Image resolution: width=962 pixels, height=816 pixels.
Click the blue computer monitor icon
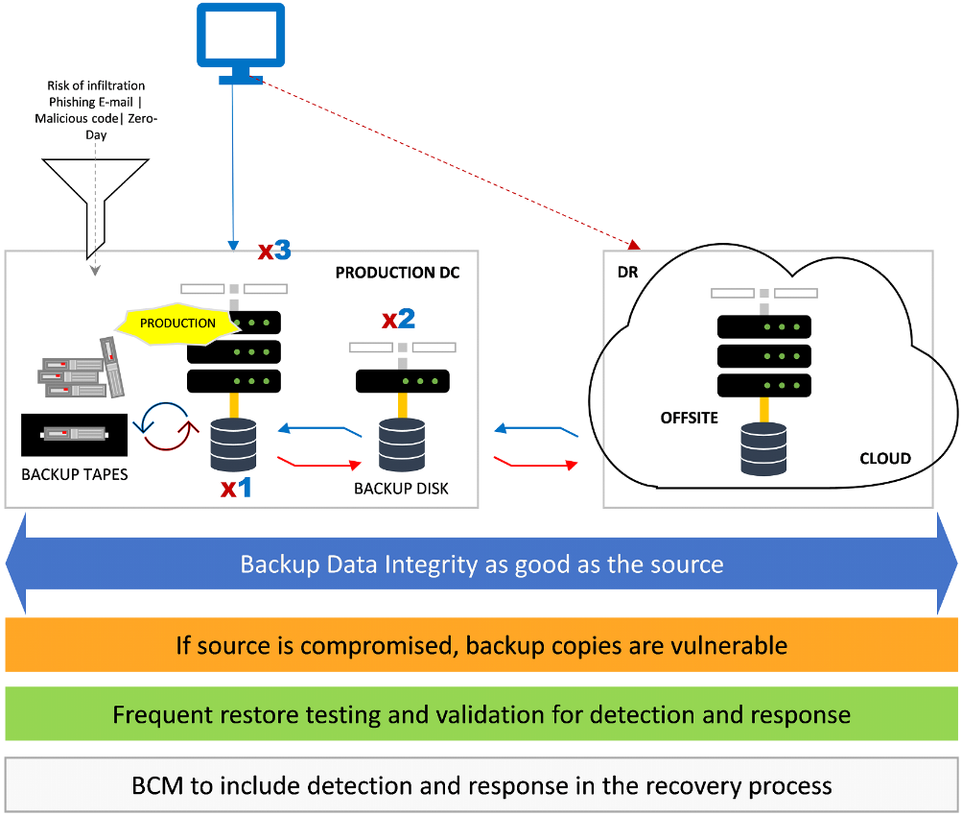(x=241, y=40)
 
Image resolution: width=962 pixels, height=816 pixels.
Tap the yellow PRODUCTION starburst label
(x=177, y=323)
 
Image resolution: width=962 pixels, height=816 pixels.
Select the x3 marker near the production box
(x=274, y=252)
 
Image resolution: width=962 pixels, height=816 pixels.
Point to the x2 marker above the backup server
(x=399, y=319)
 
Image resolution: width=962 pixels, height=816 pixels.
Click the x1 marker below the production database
(x=236, y=488)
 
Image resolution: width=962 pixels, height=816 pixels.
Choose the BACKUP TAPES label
(x=75, y=474)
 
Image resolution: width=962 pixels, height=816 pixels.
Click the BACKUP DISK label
(x=401, y=489)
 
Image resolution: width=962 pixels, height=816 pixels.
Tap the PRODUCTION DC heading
(x=397, y=273)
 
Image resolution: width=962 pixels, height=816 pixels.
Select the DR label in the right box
(x=628, y=273)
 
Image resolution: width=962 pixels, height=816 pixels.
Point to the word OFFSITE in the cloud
(x=689, y=418)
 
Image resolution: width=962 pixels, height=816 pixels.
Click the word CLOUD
(x=884, y=458)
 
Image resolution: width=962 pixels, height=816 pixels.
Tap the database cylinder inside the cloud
(x=763, y=448)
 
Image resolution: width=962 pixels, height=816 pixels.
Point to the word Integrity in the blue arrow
(x=432, y=564)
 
